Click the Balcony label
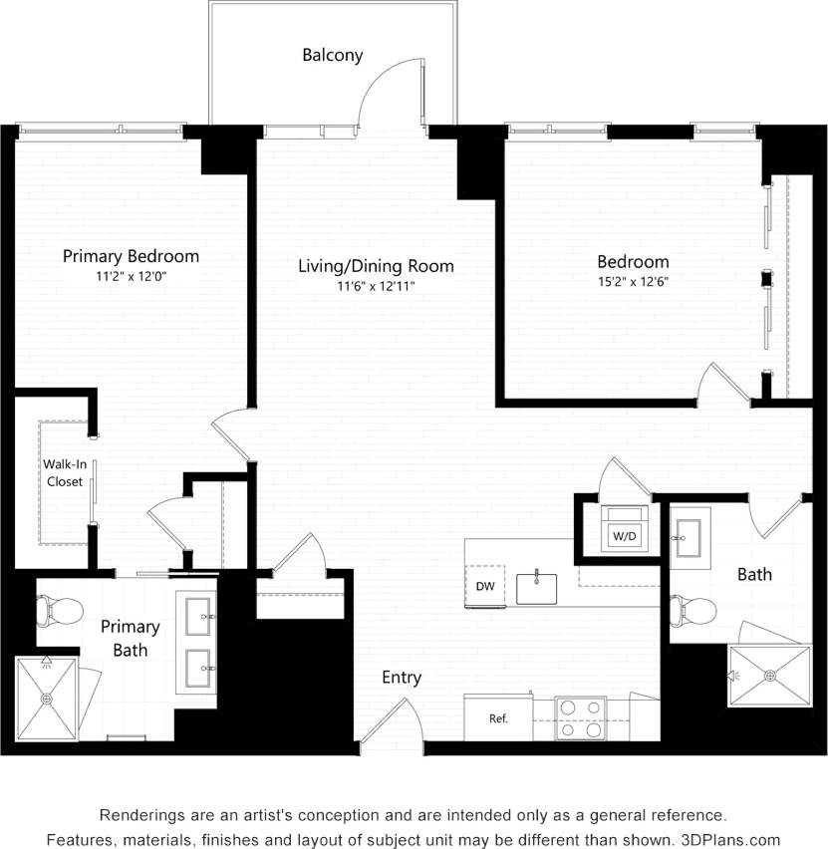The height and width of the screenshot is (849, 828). click(x=333, y=56)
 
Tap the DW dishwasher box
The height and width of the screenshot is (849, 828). click(x=486, y=586)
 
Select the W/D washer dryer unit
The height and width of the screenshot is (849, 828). click(x=625, y=535)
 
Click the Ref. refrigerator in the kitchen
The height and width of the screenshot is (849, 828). click(x=498, y=718)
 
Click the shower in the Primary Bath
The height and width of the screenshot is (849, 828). click(x=46, y=699)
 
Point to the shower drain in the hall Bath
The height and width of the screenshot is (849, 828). click(x=770, y=676)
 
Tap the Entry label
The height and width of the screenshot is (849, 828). click(x=402, y=678)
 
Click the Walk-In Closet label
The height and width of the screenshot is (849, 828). click(x=63, y=472)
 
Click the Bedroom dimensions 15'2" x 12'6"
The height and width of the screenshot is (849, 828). click(x=633, y=281)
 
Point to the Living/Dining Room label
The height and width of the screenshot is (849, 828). click(x=376, y=266)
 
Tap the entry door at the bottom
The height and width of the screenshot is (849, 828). click(x=389, y=719)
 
